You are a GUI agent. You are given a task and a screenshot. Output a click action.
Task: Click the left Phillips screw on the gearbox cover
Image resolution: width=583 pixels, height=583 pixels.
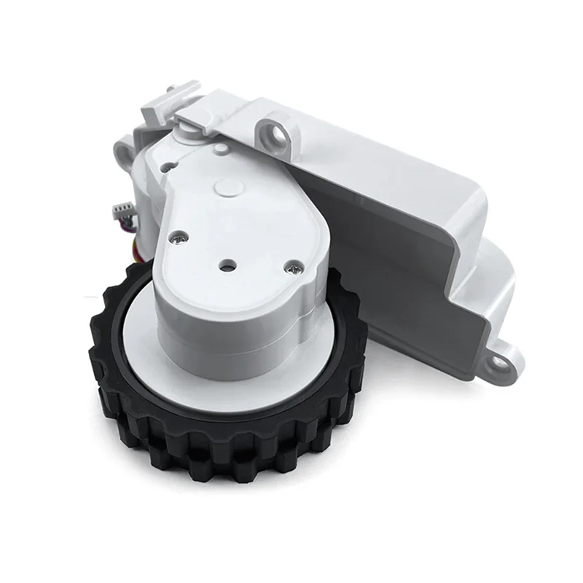pyautogui.click(x=178, y=236)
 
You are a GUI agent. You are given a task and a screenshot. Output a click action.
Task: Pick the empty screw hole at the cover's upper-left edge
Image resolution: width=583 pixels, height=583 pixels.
pyautogui.click(x=168, y=166)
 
